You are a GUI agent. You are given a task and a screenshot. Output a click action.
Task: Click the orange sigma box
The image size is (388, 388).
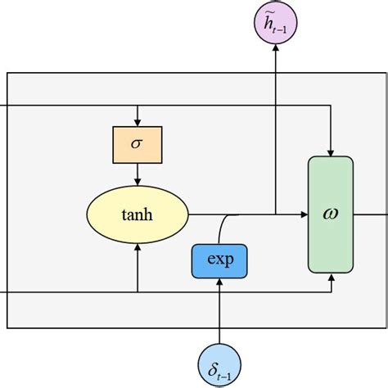137,145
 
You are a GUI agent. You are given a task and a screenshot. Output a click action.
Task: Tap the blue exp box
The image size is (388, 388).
219,260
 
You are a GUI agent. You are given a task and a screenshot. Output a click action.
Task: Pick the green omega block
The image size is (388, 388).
331,214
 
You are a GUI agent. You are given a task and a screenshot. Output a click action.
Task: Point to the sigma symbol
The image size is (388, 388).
137,145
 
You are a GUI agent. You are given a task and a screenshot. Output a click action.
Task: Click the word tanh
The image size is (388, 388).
137,215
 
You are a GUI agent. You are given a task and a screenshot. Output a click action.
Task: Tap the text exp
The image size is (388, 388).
219,260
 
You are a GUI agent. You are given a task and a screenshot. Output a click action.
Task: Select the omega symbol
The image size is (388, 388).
331,214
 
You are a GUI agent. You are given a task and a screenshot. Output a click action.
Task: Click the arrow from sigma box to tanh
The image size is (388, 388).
137,174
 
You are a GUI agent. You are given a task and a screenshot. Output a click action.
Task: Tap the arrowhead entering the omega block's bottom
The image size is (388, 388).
331,278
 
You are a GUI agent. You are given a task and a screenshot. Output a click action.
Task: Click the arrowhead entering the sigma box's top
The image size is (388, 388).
137,123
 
